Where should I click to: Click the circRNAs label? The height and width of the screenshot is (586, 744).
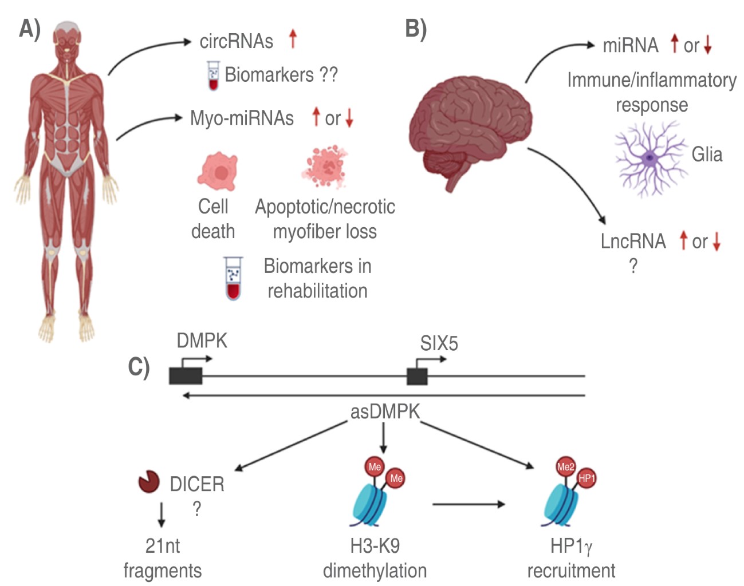[236, 41]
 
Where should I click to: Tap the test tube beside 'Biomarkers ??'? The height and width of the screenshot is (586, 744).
[213, 76]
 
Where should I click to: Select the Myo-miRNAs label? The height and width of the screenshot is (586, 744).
[242, 118]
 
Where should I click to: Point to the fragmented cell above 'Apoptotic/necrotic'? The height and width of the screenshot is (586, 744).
[325, 167]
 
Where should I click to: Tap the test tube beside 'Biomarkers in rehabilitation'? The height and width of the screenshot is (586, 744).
[233, 278]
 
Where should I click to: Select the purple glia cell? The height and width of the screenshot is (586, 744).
[649, 158]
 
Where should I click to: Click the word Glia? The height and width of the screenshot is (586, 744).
[707, 155]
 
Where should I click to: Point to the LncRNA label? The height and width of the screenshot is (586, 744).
[633, 241]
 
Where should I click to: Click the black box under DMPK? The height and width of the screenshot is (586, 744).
[186, 376]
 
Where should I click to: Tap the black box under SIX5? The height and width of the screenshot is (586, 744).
[417, 376]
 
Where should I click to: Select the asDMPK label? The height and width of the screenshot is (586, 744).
[385, 411]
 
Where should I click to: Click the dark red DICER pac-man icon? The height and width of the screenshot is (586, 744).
[149, 482]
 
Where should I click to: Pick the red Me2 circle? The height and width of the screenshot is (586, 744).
[566, 467]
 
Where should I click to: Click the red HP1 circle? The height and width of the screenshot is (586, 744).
[586, 478]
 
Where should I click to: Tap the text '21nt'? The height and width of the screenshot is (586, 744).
[163, 546]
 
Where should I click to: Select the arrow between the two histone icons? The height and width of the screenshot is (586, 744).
[469, 504]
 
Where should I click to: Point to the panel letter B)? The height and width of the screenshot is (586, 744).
[416, 29]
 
